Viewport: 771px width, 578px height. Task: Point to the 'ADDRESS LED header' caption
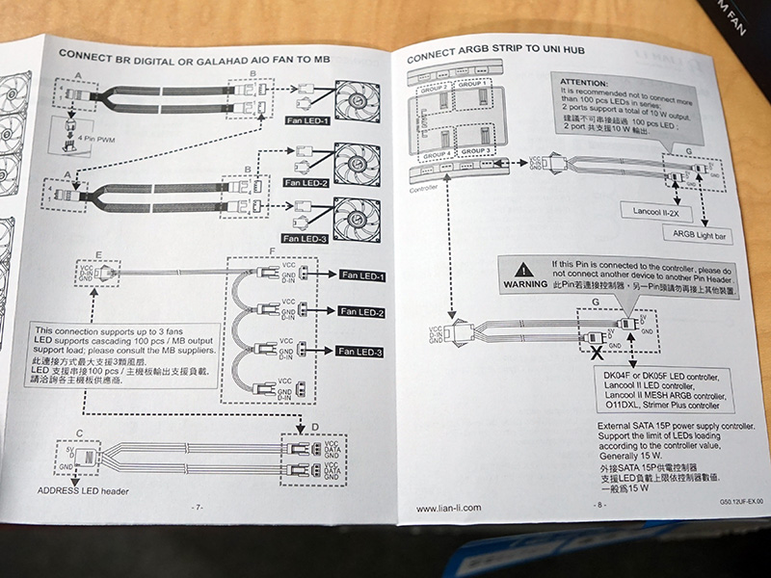(x=82, y=490)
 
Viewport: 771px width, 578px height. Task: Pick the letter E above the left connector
(x=99, y=255)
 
